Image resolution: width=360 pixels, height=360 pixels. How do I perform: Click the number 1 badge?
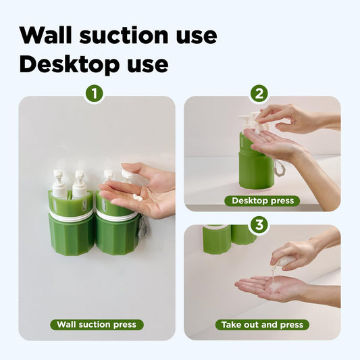tap(94, 94)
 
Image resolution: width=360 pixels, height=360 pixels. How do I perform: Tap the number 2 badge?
tap(259, 94)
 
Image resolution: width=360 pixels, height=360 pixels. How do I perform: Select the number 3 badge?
tap(259, 225)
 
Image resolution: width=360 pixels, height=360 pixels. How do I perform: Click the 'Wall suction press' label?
tap(96, 324)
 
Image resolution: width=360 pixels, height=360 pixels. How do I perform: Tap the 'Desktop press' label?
tap(263, 201)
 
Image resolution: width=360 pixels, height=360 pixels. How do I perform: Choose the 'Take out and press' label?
tap(263, 324)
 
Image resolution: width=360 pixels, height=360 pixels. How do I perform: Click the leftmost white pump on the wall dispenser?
tap(59, 184)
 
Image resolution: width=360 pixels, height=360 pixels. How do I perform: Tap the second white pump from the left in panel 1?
tap(79, 184)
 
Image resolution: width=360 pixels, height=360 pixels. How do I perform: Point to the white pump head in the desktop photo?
tap(247, 122)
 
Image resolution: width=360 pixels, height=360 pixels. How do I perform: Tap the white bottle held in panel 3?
tap(286, 261)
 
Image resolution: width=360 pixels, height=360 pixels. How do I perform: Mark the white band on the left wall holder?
tap(71, 215)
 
